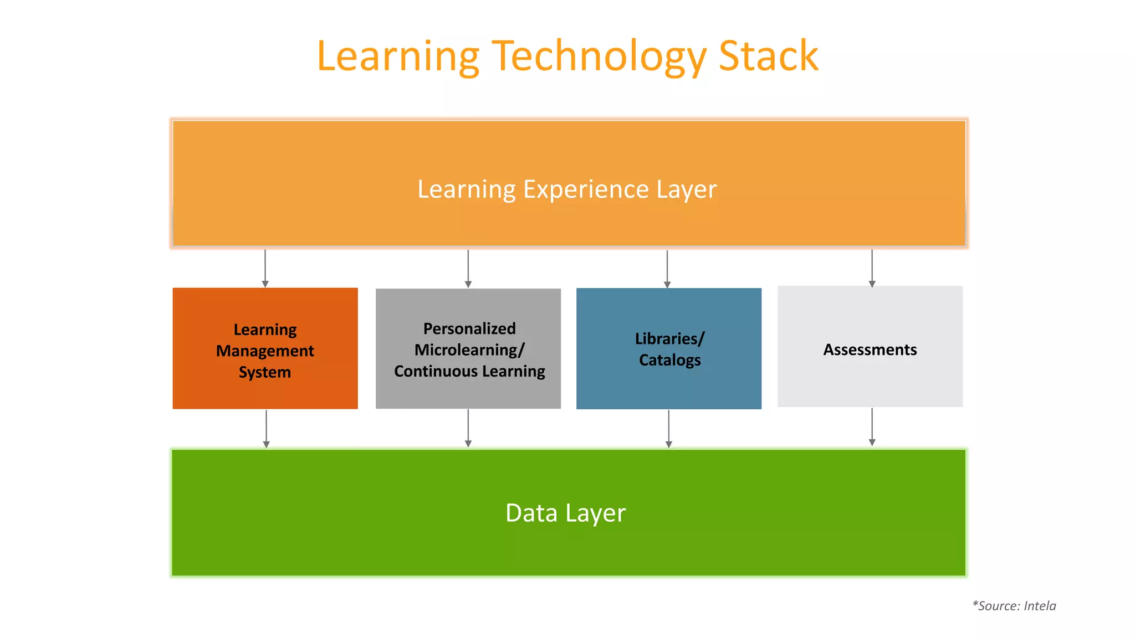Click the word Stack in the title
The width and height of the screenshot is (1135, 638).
[768, 56]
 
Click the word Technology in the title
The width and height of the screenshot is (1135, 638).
[599, 57]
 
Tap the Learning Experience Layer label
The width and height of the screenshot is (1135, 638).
[567, 189]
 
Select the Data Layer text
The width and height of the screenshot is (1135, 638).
[565, 513]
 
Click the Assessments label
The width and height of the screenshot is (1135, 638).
[870, 350]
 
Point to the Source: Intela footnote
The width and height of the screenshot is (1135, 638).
[1014, 606]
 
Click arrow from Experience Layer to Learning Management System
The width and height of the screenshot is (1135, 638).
[265, 269]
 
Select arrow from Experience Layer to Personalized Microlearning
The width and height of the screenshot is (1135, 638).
[468, 269]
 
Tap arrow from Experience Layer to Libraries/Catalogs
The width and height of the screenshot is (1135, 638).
[667, 269]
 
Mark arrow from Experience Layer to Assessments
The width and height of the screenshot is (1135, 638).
[872, 268]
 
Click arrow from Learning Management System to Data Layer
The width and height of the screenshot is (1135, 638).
[266, 429]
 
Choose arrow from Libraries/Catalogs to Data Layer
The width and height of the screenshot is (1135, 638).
[668, 429]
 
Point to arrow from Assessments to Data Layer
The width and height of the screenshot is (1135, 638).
[872, 427]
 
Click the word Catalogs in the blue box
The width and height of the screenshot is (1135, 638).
[669, 361]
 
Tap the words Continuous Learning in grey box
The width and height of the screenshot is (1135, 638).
[469, 372]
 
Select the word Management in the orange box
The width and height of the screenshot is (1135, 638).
[265, 351]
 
